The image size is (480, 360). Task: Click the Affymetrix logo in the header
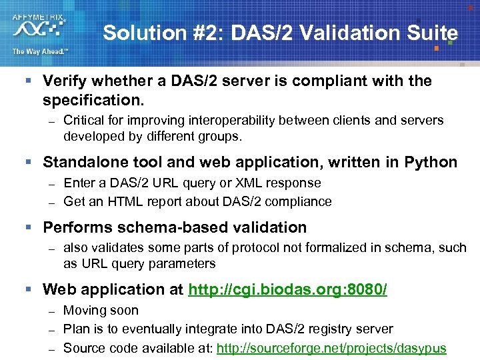click(39, 25)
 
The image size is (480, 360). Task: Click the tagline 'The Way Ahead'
click(40, 52)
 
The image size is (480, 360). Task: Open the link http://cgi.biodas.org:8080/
click(288, 290)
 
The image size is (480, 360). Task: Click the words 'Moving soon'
click(101, 311)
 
